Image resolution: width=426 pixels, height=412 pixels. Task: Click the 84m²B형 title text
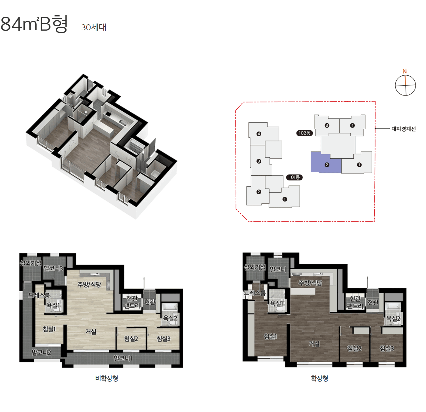click(34, 24)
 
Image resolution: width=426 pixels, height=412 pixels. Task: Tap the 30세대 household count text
click(94, 27)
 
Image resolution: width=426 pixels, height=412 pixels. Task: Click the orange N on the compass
click(405, 71)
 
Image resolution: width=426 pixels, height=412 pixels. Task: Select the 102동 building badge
click(304, 133)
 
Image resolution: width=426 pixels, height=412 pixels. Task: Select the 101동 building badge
click(294, 177)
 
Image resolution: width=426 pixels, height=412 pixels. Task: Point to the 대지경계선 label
click(404, 129)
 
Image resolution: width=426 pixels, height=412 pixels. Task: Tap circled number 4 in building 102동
click(352, 125)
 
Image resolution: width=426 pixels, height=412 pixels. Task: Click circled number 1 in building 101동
click(285, 199)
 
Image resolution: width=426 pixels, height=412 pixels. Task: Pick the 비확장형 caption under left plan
click(107, 378)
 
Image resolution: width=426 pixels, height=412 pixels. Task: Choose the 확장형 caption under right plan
click(320, 378)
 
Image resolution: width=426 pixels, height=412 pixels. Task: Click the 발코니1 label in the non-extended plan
click(123, 358)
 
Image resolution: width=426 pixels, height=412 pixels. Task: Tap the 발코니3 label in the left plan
click(53, 268)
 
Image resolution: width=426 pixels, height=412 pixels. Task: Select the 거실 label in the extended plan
click(314, 344)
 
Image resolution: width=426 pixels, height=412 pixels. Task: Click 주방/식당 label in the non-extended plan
click(89, 284)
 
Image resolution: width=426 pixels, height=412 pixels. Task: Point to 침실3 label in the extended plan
click(387, 348)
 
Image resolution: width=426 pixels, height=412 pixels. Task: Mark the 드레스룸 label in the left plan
click(39, 295)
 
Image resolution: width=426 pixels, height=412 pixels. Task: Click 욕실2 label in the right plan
click(393, 318)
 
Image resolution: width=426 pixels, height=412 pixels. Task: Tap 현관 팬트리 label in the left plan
click(132, 302)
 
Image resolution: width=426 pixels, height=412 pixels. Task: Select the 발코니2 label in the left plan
click(41, 352)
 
